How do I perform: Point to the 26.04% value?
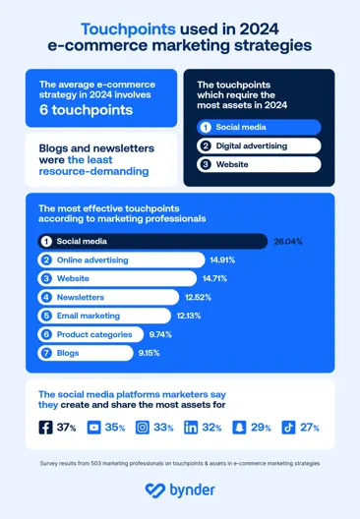pyautogui.click(x=288, y=241)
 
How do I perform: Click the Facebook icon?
pyautogui.click(x=45, y=428)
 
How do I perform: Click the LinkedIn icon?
pyautogui.click(x=190, y=428)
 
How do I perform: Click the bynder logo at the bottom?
pyautogui.click(x=180, y=490)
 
